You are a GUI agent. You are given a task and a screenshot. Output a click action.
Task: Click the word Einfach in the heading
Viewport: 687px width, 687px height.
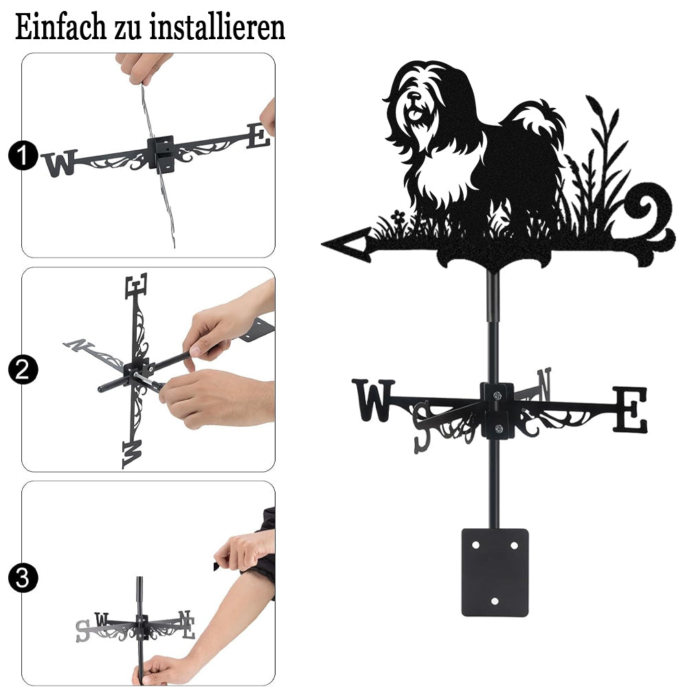(x=60, y=27)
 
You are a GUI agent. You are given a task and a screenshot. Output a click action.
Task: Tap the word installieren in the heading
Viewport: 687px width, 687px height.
(x=217, y=27)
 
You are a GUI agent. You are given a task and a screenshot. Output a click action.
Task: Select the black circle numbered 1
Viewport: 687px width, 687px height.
(x=23, y=155)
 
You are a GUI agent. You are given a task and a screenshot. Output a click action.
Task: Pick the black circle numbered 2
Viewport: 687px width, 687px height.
(x=23, y=370)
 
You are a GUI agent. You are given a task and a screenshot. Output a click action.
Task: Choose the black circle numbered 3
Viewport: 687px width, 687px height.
(x=23, y=578)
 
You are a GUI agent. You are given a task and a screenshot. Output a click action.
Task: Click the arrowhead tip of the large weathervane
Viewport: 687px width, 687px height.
(x=322, y=244)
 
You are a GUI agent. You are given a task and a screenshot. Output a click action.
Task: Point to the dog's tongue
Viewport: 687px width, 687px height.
(x=414, y=115)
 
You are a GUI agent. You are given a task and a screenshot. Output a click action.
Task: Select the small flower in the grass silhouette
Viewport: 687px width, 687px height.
(x=398, y=216)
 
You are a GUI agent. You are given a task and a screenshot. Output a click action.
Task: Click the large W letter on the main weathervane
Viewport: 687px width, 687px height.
(x=373, y=400)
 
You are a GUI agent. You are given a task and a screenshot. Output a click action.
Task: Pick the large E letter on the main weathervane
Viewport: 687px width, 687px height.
(x=630, y=409)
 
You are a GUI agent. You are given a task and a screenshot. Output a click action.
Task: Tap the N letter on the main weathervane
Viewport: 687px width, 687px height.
(x=543, y=384)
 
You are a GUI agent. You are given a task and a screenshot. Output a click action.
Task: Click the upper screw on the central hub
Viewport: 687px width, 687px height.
(x=497, y=396)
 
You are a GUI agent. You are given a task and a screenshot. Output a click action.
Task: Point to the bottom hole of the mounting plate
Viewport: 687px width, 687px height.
(x=495, y=601)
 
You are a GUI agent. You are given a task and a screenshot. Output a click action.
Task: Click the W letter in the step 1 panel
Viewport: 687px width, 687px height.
(x=60, y=163)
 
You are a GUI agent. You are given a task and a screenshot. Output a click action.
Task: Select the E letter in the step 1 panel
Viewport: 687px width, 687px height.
(x=258, y=136)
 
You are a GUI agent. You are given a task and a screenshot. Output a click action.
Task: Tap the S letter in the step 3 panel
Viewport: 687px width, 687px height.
(x=82, y=631)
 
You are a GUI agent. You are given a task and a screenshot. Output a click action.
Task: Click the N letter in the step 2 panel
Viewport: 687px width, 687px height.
(x=79, y=346)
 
